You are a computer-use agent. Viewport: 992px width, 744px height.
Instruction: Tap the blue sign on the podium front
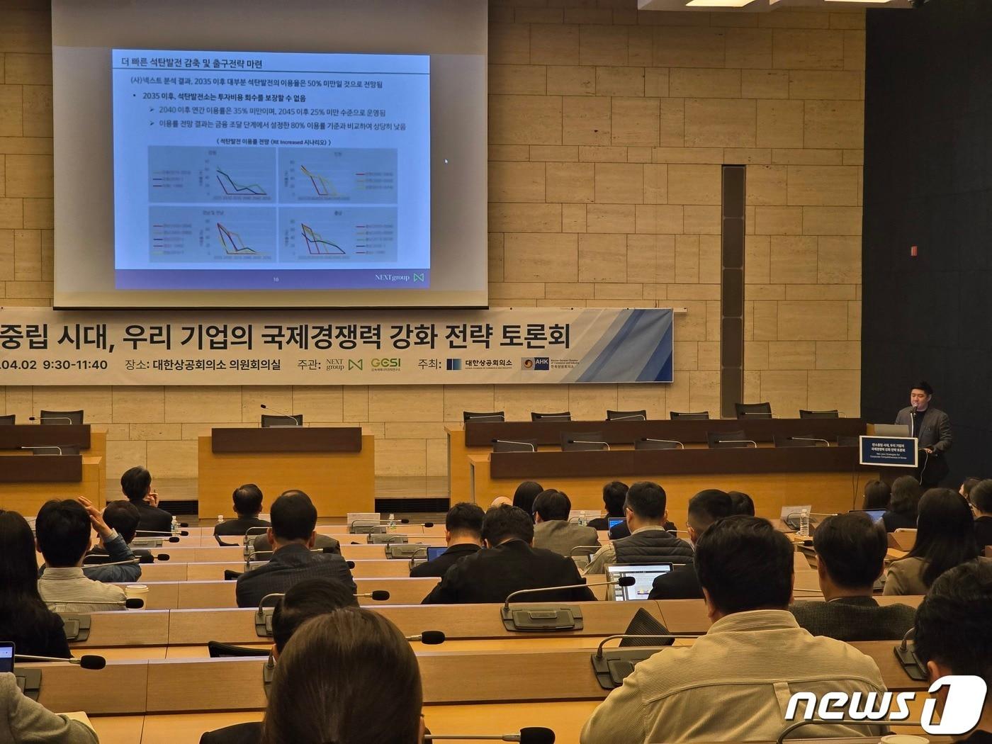pos(888,451)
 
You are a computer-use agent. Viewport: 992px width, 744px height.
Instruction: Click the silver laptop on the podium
pos(891,429)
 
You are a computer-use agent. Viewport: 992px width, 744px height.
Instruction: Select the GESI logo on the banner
pos(385,364)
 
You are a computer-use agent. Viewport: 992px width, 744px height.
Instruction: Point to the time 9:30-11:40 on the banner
pos(75,365)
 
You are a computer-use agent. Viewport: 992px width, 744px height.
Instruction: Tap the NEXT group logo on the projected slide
pos(399,277)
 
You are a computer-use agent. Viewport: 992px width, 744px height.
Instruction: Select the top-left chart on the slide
pos(210,174)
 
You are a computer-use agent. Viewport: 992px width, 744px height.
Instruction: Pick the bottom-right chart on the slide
pos(337,235)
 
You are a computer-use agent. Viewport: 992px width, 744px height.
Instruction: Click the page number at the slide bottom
pos(276,280)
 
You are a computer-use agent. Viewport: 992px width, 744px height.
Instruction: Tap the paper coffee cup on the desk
pos(137,596)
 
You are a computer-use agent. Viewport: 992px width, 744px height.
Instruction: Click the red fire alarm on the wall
pos(914,250)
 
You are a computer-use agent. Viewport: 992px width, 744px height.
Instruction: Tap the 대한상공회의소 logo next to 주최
pos(480,364)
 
